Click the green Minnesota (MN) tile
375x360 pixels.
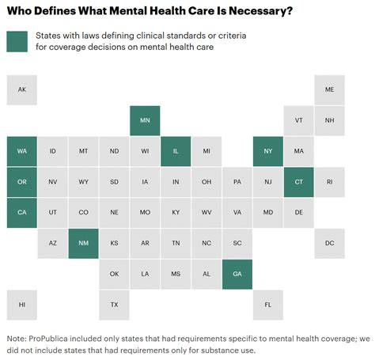(x=145, y=120)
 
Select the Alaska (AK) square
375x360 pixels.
(x=22, y=90)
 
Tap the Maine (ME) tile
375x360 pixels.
(x=329, y=90)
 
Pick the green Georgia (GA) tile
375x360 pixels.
(x=237, y=275)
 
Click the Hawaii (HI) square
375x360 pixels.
(x=22, y=305)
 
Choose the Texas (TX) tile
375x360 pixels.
(x=114, y=305)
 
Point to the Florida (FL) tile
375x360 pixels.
(x=268, y=305)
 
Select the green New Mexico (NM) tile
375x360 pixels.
(x=83, y=244)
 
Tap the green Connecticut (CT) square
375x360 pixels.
(x=299, y=182)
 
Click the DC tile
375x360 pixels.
(x=329, y=244)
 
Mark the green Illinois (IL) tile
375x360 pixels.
(x=176, y=151)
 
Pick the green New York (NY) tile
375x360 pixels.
(x=268, y=151)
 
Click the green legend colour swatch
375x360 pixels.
(x=17, y=42)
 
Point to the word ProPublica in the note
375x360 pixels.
(x=48, y=339)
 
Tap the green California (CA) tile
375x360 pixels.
(x=22, y=213)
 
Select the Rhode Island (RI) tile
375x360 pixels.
(x=329, y=182)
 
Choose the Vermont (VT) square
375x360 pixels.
(x=299, y=120)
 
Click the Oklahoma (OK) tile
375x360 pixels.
(x=114, y=275)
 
